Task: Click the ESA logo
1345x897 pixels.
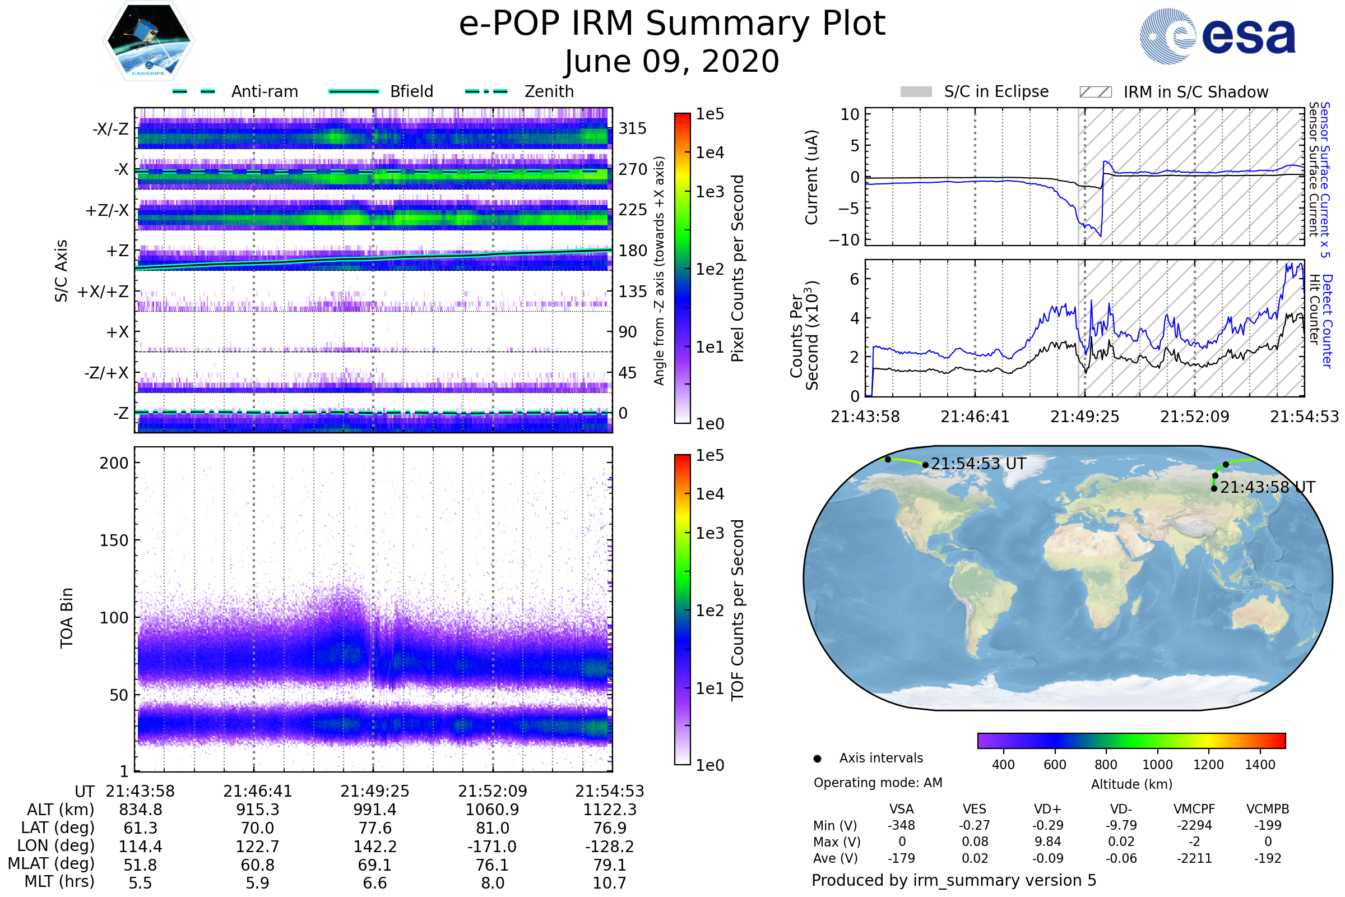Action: click(x=1217, y=36)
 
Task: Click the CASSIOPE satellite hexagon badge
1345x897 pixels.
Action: click(x=149, y=40)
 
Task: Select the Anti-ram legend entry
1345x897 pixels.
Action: click(x=235, y=91)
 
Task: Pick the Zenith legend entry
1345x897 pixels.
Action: click(x=520, y=91)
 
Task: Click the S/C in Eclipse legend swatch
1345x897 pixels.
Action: click(x=916, y=91)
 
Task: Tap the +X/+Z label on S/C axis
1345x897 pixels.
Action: click(x=103, y=292)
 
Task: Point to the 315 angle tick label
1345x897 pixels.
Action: click(x=633, y=129)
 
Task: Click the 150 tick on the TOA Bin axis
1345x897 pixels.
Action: click(x=114, y=540)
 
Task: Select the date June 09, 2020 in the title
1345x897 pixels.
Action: click(x=672, y=61)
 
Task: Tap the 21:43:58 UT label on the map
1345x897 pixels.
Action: click(x=1268, y=487)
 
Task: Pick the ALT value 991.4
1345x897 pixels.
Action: click(x=374, y=810)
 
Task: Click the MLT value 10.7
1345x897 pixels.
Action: click(x=610, y=882)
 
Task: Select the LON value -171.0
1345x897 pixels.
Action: click(x=493, y=846)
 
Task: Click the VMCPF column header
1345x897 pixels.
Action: click(x=1194, y=809)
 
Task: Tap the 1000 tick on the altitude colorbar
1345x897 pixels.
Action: click(x=1157, y=765)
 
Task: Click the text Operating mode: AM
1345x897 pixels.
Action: click(x=878, y=783)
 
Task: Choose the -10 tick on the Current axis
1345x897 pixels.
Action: click(x=845, y=240)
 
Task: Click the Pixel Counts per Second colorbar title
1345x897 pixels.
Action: click(x=738, y=269)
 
